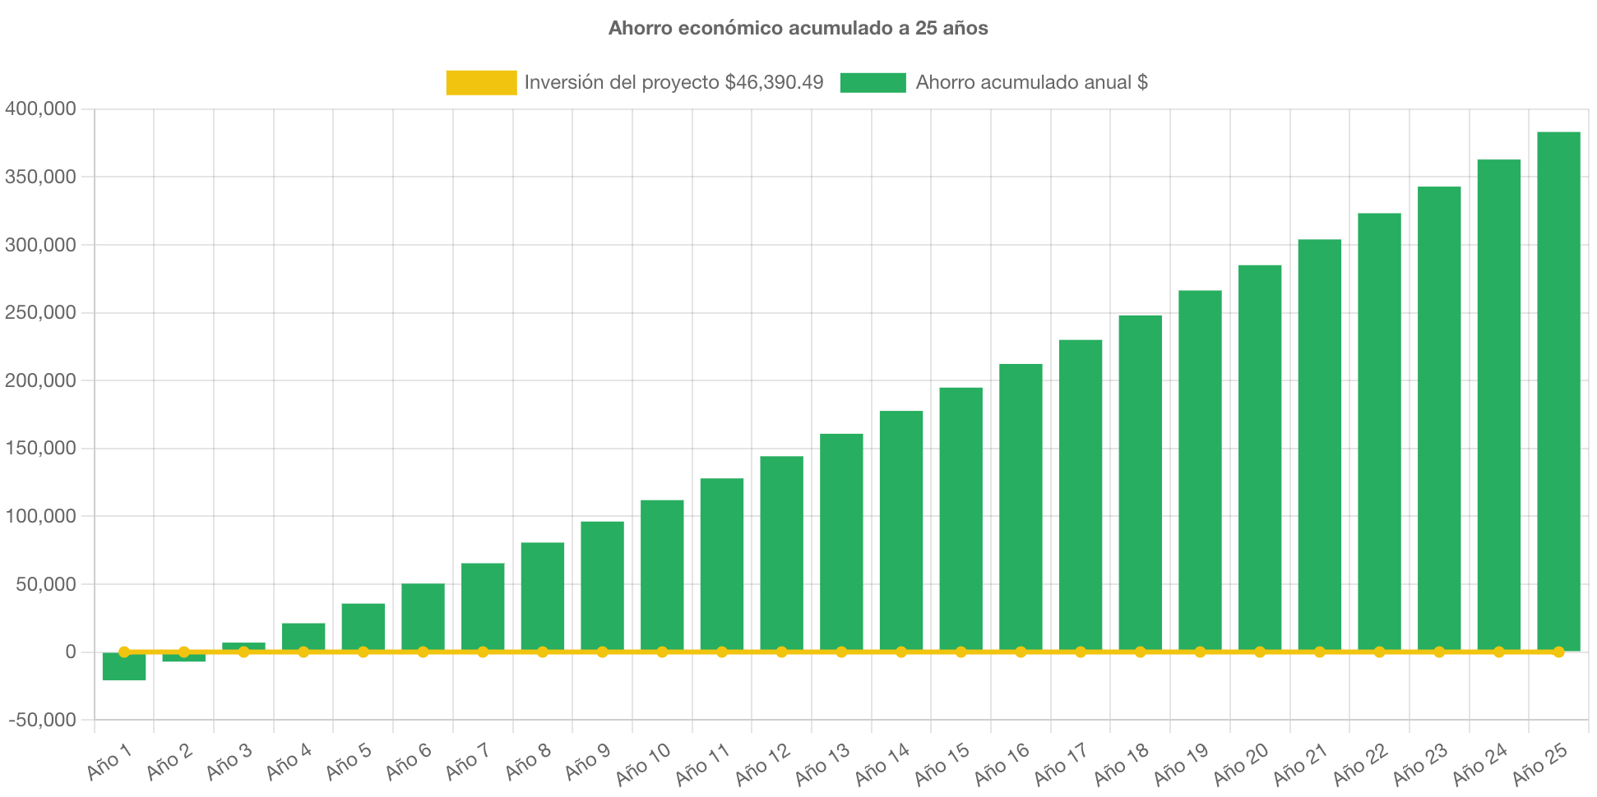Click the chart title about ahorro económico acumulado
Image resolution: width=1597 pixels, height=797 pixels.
(798, 28)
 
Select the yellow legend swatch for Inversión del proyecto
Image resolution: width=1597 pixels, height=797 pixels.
(481, 82)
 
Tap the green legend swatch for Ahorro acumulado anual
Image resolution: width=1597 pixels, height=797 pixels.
(873, 82)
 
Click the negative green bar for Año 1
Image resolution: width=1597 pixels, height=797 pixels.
(124, 667)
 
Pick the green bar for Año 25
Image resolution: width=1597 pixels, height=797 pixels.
(1558, 390)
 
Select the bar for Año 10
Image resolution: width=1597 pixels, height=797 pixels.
(662, 575)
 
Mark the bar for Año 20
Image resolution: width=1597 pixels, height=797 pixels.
(1260, 457)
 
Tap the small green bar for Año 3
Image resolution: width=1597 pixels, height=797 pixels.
(243, 646)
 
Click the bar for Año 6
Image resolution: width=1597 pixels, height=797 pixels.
(423, 616)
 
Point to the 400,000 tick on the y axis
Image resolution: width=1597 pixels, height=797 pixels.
(40, 108)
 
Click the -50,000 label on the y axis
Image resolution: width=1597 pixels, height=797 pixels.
(42, 720)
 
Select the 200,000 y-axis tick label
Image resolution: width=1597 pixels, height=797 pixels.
(40, 380)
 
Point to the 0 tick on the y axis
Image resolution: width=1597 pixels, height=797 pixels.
(71, 652)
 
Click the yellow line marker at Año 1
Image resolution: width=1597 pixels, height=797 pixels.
(124, 652)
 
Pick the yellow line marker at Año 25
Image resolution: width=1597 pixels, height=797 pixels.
(1558, 652)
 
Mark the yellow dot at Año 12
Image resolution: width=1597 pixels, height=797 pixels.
(781, 652)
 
